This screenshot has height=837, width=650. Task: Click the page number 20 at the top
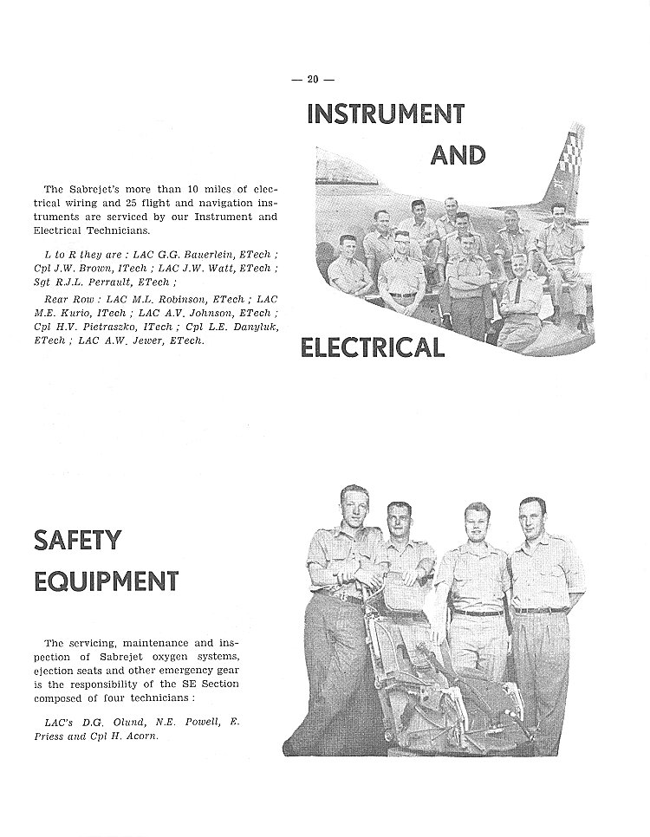point(313,79)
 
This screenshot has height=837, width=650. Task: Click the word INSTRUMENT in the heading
point(385,114)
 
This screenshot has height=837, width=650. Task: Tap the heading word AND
point(458,155)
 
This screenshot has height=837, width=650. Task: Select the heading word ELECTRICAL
point(372,347)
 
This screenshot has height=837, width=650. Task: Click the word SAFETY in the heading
point(77,540)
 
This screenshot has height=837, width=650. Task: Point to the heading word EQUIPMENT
point(106,580)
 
